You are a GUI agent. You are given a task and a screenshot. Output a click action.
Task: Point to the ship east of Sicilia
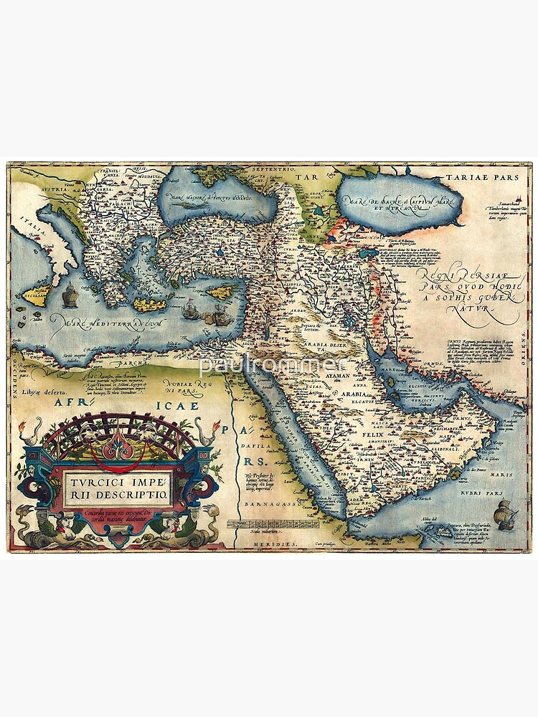point(70,295)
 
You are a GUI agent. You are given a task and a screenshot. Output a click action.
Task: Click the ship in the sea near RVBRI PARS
point(508,512)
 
